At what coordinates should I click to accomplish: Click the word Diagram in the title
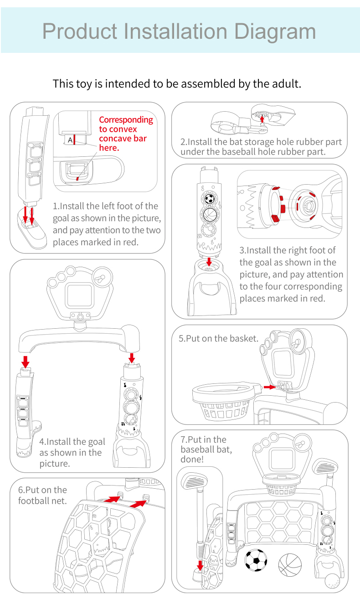coord(274,31)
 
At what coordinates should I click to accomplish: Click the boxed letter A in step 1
coord(70,140)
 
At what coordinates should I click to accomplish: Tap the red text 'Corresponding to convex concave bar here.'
coord(126,134)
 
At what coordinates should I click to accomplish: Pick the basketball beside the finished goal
coord(290,564)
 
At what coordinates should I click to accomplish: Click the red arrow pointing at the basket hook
coord(270,387)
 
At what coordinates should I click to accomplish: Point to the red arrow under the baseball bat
coord(200,565)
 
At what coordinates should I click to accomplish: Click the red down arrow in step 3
coord(209,262)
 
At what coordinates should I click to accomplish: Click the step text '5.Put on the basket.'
coord(218,339)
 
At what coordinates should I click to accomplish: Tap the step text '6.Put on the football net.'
coord(42,495)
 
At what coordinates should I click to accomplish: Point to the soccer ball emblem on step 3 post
coord(209,199)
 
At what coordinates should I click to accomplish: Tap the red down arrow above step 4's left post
coord(26,362)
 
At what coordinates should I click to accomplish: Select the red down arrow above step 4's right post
coord(132,357)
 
